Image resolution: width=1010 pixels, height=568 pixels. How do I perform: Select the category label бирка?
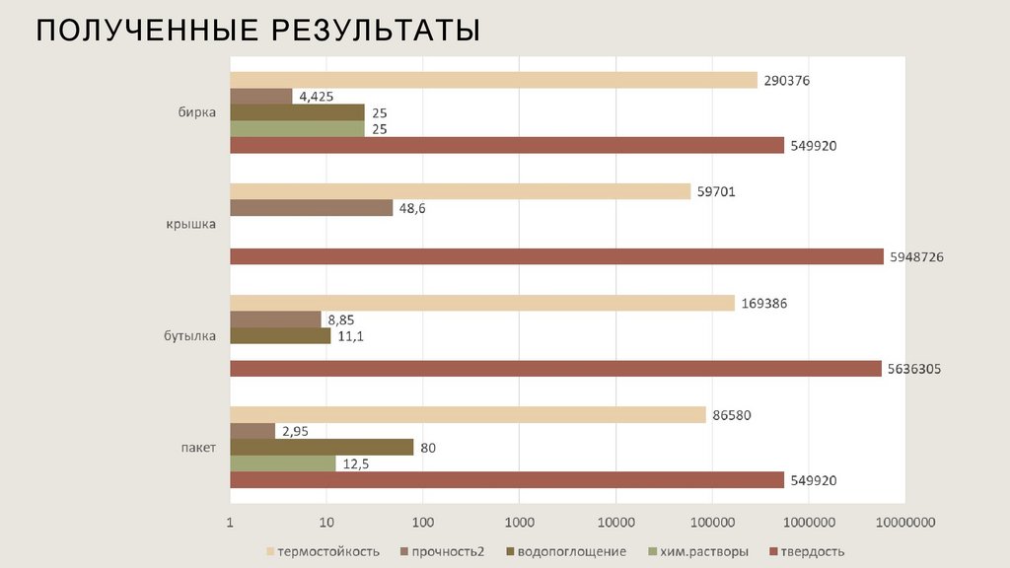tap(197, 113)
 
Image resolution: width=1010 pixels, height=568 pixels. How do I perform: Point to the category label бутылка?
tap(190, 336)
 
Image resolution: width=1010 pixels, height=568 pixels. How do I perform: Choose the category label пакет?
tap(197, 448)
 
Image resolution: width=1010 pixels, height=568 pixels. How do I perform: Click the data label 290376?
tap(787, 81)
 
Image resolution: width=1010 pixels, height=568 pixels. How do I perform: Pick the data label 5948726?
tap(917, 256)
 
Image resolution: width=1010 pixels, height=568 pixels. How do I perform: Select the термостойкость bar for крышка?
tap(460, 191)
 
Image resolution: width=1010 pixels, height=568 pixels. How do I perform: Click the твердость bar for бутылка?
tap(555, 368)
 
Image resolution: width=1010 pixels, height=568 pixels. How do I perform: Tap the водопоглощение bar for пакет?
tap(322, 448)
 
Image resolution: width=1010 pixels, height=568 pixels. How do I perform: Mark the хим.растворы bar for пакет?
tap(282, 463)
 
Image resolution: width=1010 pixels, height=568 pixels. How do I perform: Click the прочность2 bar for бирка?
tap(260, 97)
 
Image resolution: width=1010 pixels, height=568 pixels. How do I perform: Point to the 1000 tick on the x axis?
tap(519, 522)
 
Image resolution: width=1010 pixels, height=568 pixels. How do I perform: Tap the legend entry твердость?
tap(812, 551)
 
